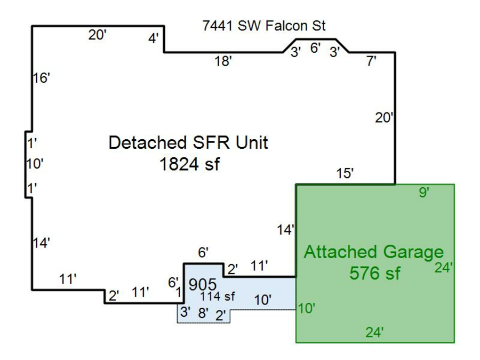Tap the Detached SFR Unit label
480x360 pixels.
188,143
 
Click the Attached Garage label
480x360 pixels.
373,252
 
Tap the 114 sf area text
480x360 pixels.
217,297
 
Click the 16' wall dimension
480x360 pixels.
41,78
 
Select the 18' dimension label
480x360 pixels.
223,61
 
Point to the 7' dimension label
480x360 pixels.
371,61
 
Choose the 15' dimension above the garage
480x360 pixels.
345,174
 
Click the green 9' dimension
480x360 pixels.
423,193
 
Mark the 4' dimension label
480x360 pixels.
154,39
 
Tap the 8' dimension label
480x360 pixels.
203,313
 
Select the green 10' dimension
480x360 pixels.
307,308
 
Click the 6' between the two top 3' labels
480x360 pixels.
315,48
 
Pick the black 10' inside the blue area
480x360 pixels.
262,300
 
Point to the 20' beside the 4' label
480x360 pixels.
98,35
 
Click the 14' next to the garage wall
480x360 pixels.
286,230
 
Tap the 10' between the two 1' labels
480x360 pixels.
35,164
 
